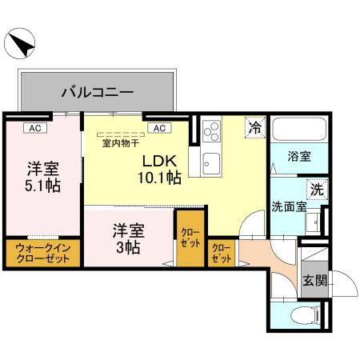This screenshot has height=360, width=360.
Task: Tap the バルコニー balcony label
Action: pos(97,93)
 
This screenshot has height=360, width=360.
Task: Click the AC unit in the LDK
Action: pos(158,126)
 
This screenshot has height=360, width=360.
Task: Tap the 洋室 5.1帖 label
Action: pos(42,177)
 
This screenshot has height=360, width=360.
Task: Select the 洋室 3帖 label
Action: pos(127,238)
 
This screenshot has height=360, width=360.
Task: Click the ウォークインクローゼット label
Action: pos(42,254)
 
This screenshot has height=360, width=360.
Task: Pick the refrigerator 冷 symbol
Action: pos(254,127)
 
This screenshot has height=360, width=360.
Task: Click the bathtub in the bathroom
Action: pos(298,130)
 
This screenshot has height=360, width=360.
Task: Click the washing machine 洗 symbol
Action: pos(317,190)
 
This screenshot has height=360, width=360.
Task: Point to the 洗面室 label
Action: pos(287,206)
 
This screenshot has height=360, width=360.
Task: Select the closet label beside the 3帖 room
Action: pos(190,238)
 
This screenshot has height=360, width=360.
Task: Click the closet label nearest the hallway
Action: pos(221,255)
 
